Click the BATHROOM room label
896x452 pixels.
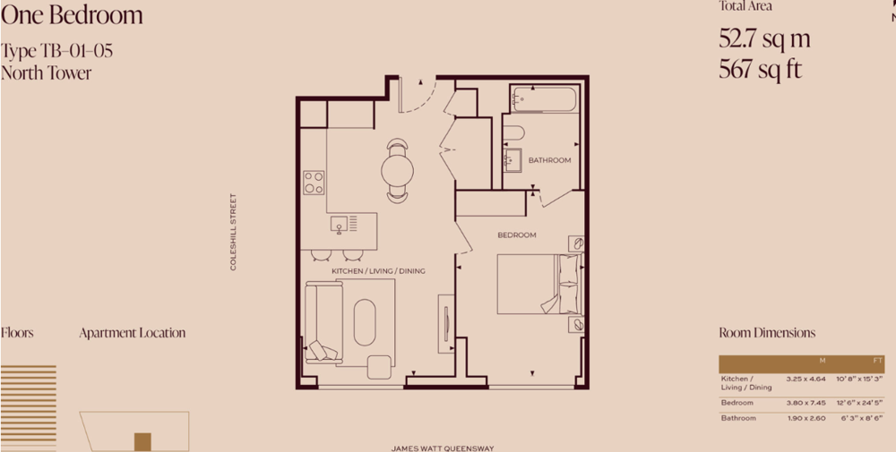tap(549, 160)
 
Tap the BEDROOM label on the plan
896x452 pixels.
tap(517, 235)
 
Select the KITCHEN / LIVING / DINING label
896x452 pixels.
tap(378, 271)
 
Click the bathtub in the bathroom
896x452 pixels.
tap(544, 99)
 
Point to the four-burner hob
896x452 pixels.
tap(314, 183)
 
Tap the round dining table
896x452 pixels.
tap(397, 170)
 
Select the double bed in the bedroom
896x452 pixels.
tap(539, 285)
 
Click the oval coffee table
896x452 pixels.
tap(365, 322)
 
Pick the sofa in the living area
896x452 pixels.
tap(323, 322)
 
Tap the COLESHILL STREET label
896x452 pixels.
tap(233, 232)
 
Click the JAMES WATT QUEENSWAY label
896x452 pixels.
tap(443, 448)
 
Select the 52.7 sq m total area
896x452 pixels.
tap(764, 38)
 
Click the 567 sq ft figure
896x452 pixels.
tap(761, 70)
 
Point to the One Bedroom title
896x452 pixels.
tap(72, 15)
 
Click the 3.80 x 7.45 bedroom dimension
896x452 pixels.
tap(806, 403)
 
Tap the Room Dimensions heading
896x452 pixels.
tap(767, 333)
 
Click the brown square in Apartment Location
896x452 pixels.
tap(142, 442)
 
